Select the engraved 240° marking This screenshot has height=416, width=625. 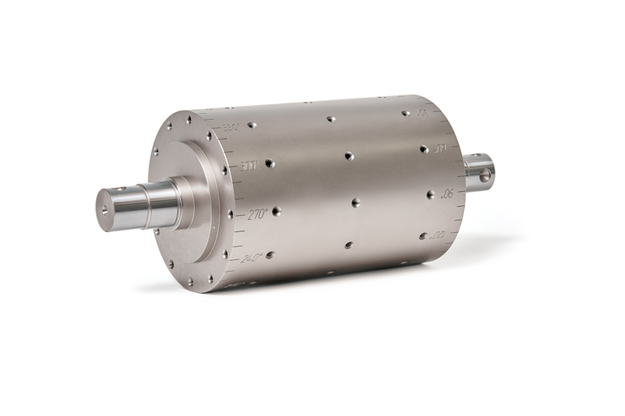[251, 258]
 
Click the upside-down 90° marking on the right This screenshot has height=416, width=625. [447, 193]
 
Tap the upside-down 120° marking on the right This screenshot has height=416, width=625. [438, 234]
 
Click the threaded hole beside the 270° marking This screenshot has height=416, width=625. [276, 211]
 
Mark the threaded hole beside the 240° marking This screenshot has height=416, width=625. [270, 255]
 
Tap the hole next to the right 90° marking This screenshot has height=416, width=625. [430, 194]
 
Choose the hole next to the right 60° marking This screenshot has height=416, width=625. [424, 149]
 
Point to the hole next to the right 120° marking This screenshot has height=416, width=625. [423, 235]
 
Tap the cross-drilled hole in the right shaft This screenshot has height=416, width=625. [484, 175]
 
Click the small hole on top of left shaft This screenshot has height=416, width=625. [122, 188]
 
